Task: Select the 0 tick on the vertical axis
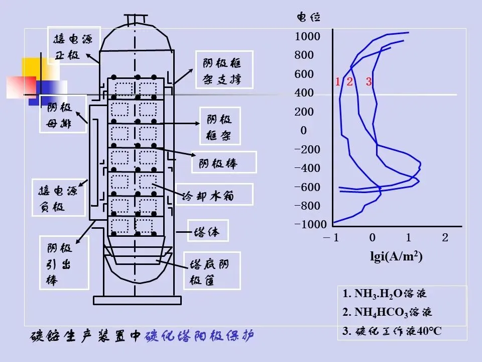point(303,131)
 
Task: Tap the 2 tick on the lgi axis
point(445,238)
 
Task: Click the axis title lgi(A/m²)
point(396,256)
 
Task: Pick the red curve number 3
point(369,81)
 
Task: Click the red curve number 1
point(338,81)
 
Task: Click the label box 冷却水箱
point(214,194)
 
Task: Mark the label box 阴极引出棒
point(63,263)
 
